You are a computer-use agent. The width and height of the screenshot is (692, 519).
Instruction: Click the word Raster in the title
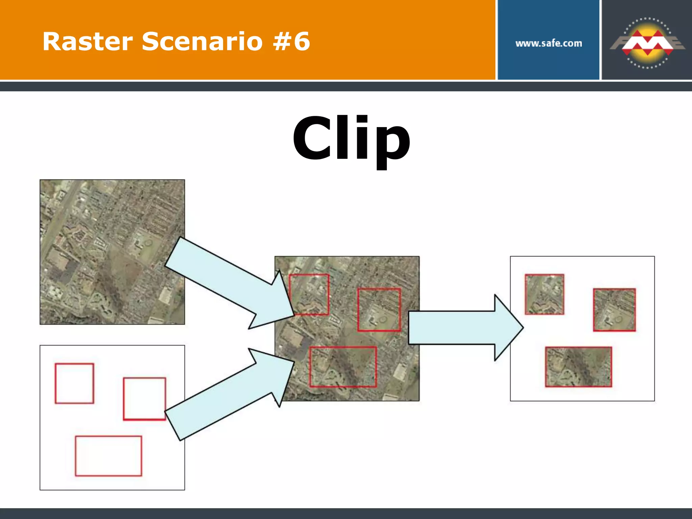click(87, 42)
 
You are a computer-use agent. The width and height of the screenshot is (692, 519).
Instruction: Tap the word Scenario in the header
click(202, 42)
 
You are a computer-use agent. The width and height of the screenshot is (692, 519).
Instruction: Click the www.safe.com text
click(548, 43)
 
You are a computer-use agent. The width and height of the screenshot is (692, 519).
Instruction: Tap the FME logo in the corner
click(647, 43)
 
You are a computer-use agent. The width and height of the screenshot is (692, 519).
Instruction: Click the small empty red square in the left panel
click(74, 383)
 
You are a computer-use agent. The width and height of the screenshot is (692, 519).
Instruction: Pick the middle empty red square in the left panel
click(145, 399)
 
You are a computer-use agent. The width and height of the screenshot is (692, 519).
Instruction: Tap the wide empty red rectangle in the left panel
click(108, 456)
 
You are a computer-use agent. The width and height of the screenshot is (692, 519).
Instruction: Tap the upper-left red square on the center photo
click(309, 294)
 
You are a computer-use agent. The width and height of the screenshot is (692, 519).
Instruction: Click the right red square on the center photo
click(379, 310)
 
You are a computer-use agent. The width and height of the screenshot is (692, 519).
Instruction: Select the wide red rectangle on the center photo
click(343, 367)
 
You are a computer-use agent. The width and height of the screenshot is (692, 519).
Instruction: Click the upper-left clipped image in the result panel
click(544, 294)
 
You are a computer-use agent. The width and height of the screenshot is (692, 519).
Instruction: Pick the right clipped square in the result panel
click(614, 310)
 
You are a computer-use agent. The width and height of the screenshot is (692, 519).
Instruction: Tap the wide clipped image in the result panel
click(578, 367)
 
